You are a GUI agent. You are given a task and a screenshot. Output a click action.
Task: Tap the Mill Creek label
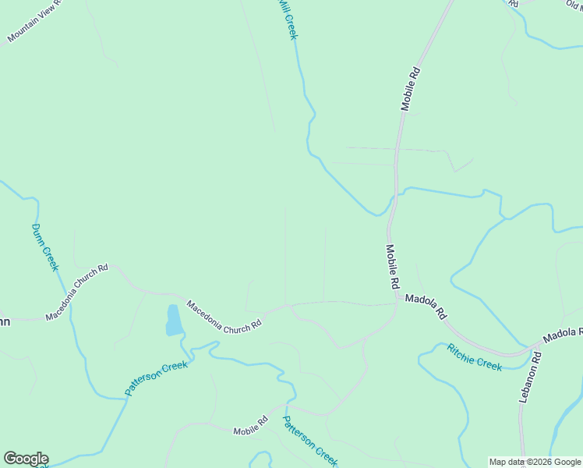point(288,19)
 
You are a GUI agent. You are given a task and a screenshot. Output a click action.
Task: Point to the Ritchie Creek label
point(474,356)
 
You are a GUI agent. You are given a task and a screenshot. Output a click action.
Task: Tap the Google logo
point(26,459)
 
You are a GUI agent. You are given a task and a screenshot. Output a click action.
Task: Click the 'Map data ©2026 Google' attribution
point(535,462)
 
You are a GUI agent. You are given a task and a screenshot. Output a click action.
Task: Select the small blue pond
point(173,320)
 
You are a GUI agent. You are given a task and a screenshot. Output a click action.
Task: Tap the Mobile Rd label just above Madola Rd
point(391,267)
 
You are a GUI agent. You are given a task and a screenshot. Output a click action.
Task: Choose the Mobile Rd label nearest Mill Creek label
point(411,88)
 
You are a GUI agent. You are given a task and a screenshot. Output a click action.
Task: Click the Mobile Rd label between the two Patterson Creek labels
point(250,426)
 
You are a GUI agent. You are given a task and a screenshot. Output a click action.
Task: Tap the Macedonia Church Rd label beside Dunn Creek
point(76,291)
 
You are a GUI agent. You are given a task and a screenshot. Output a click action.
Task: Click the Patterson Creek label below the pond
point(157,378)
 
